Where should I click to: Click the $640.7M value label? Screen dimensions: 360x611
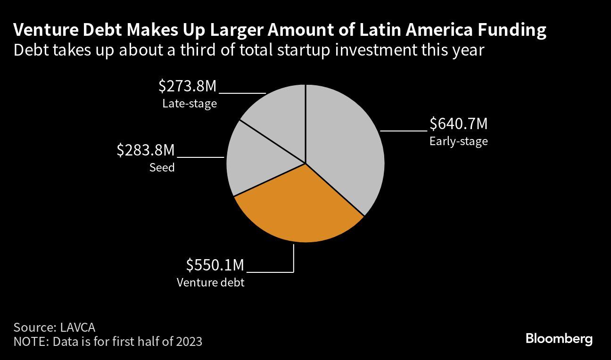click(458, 124)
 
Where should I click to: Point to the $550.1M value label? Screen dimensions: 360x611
click(215, 265)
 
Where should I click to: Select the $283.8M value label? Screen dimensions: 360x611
click(146, 150)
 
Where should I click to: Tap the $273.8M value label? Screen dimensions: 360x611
click(187, 86)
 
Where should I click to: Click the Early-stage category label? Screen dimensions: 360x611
click(458, 141)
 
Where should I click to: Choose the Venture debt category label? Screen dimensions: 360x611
click(210, 283)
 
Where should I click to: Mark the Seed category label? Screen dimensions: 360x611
click(162, 167)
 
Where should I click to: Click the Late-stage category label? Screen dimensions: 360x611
click(190, 104)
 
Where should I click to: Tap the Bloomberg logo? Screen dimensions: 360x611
click(559, 338)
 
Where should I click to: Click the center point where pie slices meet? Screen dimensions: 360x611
click(305, 164)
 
